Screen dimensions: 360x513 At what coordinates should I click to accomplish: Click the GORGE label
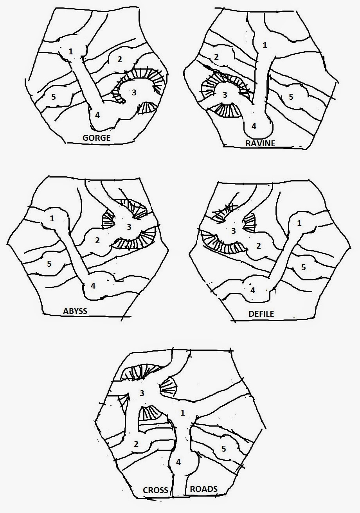tap(97, 138)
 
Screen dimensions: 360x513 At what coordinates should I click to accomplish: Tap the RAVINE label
tap(260, 143)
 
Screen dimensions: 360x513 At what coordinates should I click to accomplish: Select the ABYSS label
tap(75, 311)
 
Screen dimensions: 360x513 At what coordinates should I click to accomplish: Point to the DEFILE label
tap(261, 314)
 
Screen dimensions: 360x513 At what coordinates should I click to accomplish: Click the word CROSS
tap(156, 490)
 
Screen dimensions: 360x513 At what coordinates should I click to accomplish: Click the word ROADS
tap(204, 489)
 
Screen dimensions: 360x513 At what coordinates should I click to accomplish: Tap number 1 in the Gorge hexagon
tap(70, 51)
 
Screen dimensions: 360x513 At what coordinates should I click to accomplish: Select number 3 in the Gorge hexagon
tap(134, 93)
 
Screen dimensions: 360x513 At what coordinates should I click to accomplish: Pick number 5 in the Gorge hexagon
tap(53, 97)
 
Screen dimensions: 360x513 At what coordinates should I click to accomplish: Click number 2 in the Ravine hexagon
tap(216, 57)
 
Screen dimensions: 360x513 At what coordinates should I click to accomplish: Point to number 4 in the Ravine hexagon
tap(254, 126)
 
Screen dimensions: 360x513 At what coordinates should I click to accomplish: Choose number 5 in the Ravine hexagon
tap(291, 97)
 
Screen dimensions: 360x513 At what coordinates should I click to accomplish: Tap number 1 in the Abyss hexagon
tap(52, 219)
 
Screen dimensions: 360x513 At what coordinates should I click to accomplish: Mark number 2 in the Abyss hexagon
tap(97, 240)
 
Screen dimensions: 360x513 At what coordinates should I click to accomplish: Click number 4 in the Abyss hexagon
tap(93, 285)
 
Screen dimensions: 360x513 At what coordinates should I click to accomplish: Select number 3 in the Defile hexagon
tap(234, 231)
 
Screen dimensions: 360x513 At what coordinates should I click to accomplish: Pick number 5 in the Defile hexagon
tap(304, 267)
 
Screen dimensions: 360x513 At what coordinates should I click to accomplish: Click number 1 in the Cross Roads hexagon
tap(183, 413)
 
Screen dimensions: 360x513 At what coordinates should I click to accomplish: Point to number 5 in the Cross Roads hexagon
tap(224, 448)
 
